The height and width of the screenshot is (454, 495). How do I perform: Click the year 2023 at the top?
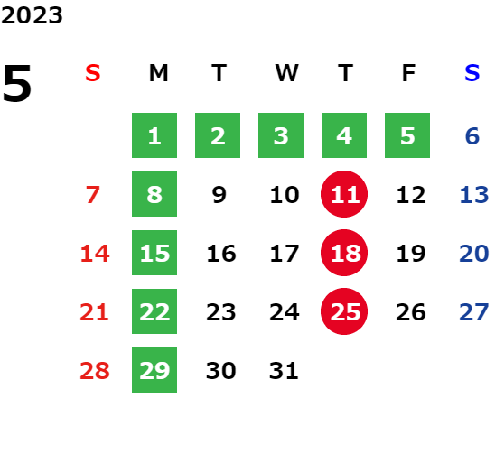[32, 15]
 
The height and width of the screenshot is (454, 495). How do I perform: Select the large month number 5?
[17, 83]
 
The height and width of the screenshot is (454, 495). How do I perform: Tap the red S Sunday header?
[93, 73]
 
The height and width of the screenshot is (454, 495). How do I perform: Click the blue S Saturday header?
[472, 73]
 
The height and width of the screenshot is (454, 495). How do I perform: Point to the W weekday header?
[286, 73]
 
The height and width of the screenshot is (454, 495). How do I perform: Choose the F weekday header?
[408, 73]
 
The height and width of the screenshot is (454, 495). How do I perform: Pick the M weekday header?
[158, 73]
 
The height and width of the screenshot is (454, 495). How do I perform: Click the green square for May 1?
[154, 135]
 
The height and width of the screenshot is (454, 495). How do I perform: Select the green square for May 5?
[407, 135]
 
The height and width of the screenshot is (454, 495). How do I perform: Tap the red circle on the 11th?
[344, 194]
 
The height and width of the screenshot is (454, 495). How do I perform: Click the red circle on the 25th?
[344, 311]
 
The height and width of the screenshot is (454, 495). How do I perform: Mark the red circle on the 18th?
[344, 253]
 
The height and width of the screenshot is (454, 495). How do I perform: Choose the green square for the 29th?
[154, 370]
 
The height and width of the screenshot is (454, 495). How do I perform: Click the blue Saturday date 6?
[472, 136]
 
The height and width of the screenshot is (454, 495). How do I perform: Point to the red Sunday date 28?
[95, 370]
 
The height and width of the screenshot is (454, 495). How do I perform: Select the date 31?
[284, 370]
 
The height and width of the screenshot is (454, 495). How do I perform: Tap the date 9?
[219, 195]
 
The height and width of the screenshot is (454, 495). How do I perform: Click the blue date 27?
[474, 312]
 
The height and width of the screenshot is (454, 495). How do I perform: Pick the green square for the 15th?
[154, 253]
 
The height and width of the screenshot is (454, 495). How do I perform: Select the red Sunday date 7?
[93, 195]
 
